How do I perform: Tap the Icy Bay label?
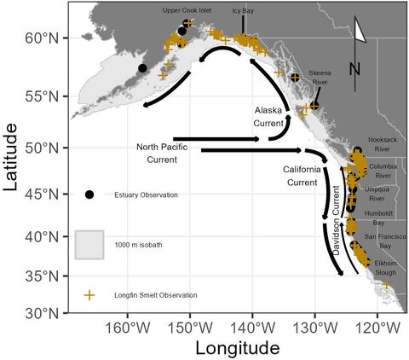(x=243, y=10)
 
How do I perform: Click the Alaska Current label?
(x=268, y=118)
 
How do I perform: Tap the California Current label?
(x=301, y=177)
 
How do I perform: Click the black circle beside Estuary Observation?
(x=89, y=195)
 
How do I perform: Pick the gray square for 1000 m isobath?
(x=89, y=245)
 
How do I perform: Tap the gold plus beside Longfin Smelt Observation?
(x=89, y=295)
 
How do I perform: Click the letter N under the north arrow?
(x=355, y=67)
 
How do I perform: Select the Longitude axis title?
(x=238, y=348)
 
